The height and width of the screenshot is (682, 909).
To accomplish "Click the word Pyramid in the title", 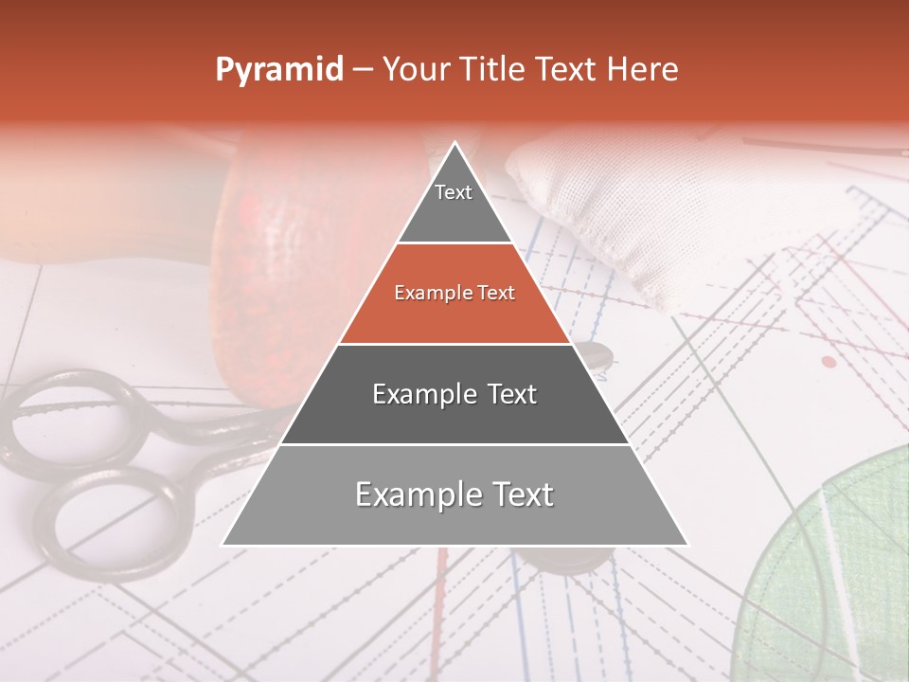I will tap(279, 70).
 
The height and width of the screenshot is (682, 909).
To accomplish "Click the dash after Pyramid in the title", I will tap(363, 70).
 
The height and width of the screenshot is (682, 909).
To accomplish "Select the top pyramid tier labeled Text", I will tap(454, 204).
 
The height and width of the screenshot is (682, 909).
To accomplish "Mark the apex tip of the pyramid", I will tap(454, 144).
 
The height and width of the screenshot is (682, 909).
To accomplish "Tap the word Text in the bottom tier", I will tap(519, 494).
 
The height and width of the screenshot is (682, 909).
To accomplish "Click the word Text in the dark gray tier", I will tap(512, 394).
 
